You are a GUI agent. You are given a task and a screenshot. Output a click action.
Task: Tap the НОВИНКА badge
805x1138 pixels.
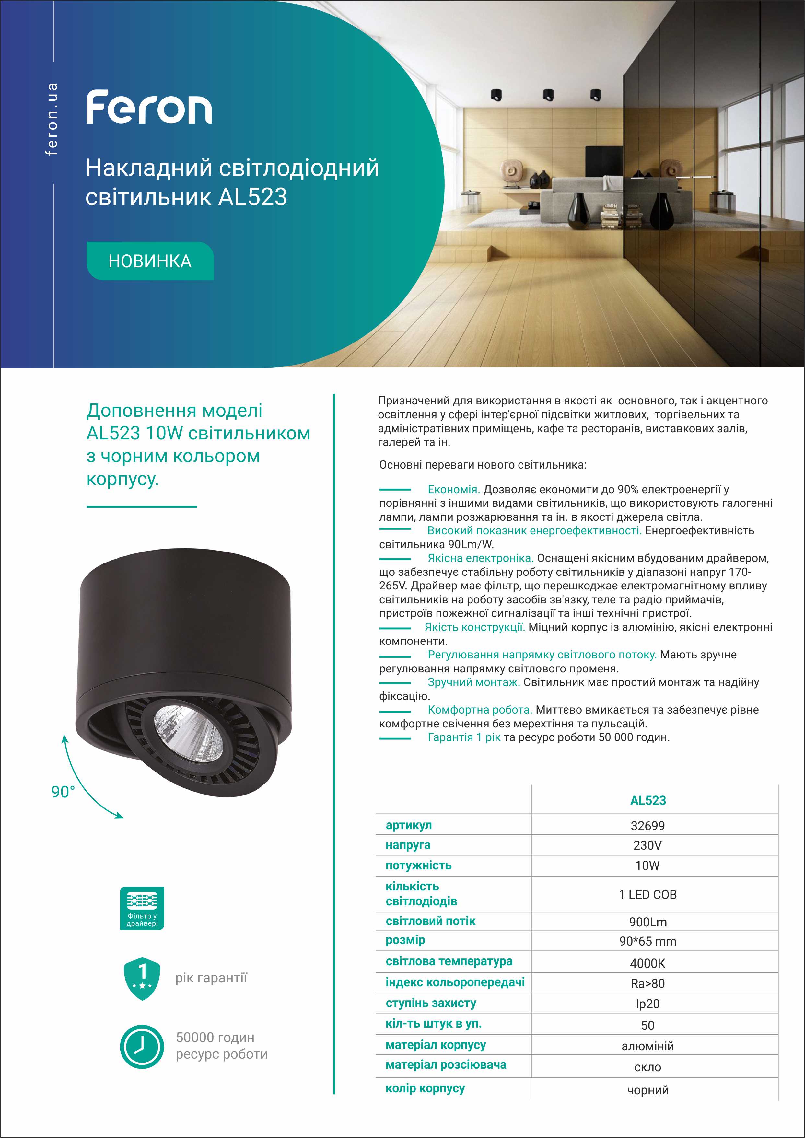pyautogui.click(x=150, y=261)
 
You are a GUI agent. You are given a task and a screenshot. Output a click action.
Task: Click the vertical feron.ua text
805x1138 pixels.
pyautogui.click(x=52, y=119)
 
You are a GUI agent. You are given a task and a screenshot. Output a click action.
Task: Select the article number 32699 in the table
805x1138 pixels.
pyautogui.click(x=647, y=826)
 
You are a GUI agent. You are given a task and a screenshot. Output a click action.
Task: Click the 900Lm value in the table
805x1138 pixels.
pyautogui.click(x=647, y=922)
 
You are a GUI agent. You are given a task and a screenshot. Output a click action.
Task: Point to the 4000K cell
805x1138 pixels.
pyautogui.click(x=647, y=964)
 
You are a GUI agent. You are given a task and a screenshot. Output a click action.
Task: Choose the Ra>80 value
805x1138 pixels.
pyautogui.click(x=647, y=984)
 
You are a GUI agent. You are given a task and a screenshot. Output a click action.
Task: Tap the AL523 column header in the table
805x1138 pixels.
pyautogui.click(x=648, y=800)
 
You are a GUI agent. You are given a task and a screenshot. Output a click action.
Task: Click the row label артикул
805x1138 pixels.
pyautogui.click(x=408, y=825)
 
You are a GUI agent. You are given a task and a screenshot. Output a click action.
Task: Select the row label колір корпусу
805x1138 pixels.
pyautogui.click(x=425, y=1088)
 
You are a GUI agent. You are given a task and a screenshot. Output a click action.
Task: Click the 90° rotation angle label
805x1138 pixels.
pyautogui.click(x=63, y=792)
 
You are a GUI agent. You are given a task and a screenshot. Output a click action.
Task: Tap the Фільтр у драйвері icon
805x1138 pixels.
pyautogui.click(x=142, y=908)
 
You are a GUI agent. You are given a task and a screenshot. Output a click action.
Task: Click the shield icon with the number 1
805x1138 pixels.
pyautogui.click(x=142, y=978)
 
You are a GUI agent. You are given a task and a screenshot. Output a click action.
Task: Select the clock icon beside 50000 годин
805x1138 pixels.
pyautogui.click(x=142, y=1047)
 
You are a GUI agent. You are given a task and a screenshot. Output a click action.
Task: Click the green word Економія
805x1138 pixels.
pyautogui.click(x=453, y=490)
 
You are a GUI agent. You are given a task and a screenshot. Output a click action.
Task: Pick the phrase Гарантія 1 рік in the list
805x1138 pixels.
pyautogui.click(x=464, y=737)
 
